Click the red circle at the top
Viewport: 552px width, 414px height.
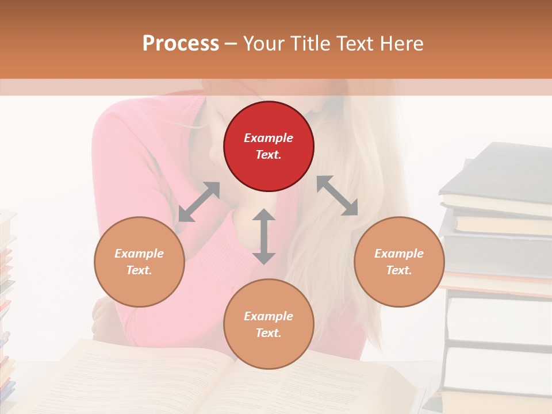click(x=269, y=147)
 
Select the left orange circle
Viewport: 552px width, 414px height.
click(x=139, y=262)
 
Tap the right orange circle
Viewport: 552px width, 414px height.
click(x=399, y=262)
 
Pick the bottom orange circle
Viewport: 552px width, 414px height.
click(x=269, y=324)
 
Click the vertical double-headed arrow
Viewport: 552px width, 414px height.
click(x=264, y=236)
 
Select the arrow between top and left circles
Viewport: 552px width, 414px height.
click(x=199, y=201)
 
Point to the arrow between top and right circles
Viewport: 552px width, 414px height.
click(x=338, y=195)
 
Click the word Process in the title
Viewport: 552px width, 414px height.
click(x=181, y=44)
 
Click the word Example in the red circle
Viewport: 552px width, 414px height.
click(x=269, y=138)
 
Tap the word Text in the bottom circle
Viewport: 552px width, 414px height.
click(x=269, y=333)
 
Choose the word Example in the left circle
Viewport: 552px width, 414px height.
click(x=139, y=254)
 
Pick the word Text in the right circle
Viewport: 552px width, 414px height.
click(x=399, y=270)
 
